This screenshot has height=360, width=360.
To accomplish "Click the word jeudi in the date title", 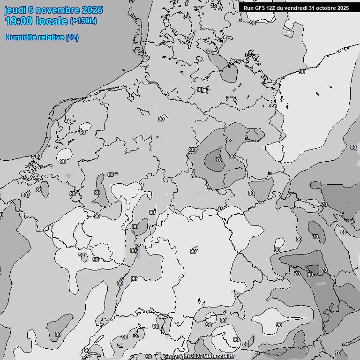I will pos(16,10).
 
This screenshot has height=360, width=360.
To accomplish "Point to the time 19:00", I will pos(19,21).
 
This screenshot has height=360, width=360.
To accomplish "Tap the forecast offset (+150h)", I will pos(83,21).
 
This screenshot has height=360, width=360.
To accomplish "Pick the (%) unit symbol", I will pos(72,37).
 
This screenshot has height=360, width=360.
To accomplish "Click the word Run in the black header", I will pos(248,8).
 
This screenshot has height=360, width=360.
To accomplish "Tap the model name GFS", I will pos(260,8).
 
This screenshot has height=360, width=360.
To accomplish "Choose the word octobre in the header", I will pos(326,8).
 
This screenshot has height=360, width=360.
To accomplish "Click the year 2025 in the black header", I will pos(343,8).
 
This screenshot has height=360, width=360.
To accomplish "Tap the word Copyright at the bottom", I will pos(176,356).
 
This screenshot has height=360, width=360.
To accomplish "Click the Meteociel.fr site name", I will pos(221,356).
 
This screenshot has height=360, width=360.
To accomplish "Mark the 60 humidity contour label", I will pos(310,275).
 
